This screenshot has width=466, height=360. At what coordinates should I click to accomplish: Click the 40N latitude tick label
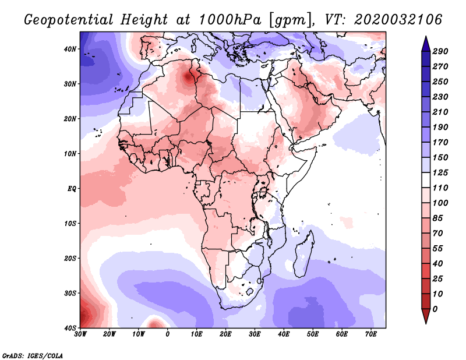69,49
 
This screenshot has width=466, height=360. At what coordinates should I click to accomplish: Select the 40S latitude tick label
69,328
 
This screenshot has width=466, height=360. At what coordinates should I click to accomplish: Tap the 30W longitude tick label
80,334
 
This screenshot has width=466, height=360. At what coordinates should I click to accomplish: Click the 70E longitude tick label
371,334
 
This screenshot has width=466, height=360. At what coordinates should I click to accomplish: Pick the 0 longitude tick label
168,334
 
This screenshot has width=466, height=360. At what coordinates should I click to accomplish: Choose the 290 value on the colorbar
440,51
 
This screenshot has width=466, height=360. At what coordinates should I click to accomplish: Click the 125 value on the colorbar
440,173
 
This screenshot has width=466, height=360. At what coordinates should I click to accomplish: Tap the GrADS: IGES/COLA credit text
33,355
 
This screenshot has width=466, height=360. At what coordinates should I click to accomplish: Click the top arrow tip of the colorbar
426,38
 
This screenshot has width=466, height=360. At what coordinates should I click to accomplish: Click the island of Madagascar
305,253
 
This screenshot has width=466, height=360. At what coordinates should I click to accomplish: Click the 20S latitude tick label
69,258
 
